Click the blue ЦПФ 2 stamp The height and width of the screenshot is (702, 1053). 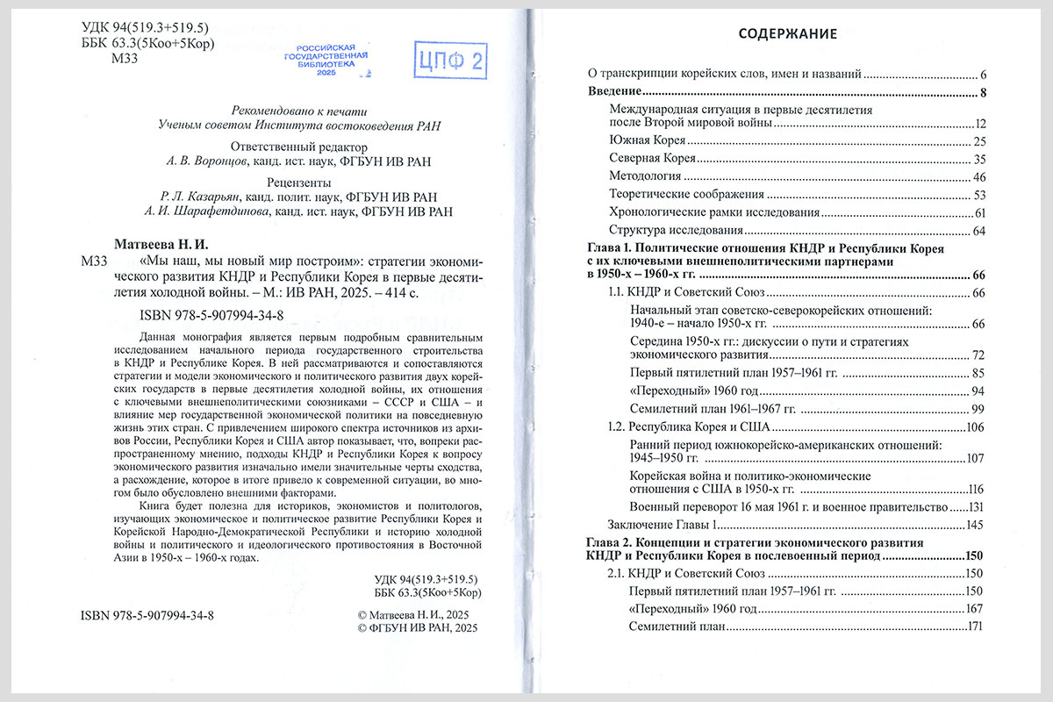coord(452,61)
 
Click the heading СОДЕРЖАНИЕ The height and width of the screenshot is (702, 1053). coord(787,34)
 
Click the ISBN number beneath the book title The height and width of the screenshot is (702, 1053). coord(211,314)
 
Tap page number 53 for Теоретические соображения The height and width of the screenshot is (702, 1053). coord(981,195)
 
